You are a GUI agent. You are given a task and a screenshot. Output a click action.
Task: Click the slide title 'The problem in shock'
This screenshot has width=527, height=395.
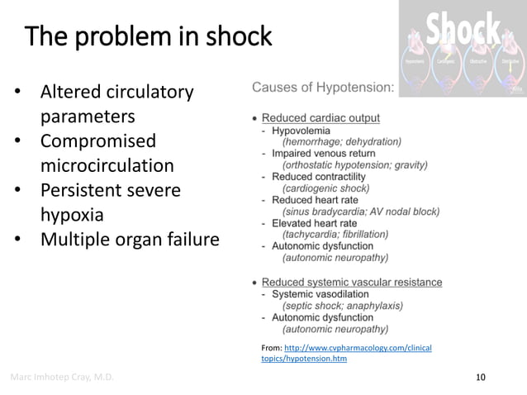click(149, 37)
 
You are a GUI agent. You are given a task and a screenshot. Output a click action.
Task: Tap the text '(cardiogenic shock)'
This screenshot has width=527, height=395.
click(325, 188)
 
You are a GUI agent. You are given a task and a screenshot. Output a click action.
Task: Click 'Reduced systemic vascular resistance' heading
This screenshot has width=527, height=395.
click(351, 283)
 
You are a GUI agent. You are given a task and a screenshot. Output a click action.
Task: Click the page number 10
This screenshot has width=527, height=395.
click(481, 378)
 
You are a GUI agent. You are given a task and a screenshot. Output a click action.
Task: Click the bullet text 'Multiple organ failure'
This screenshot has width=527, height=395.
click(130, 240)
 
